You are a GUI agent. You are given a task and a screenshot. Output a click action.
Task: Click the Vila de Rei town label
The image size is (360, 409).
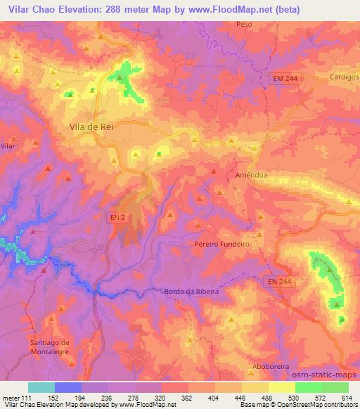tap(92, 126)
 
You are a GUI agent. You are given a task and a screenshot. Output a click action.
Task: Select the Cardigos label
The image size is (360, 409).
tap(344, 78)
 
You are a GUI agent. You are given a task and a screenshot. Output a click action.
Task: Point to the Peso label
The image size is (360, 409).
tap(244, 23)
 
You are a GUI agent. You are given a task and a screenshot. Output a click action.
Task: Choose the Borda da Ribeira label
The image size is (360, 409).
tap(191, 292)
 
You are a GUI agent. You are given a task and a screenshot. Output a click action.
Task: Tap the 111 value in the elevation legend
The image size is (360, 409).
tap(25, 397)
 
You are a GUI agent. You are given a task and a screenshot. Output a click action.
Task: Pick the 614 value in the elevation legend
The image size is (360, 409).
tap(347, 397)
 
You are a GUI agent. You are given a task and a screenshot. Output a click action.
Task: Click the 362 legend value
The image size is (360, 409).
tap(187, 397)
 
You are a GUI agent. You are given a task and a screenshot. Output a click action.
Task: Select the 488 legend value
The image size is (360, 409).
tap(267, 397)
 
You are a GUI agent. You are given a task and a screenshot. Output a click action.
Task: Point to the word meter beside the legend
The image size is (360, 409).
tap(10, 397)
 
